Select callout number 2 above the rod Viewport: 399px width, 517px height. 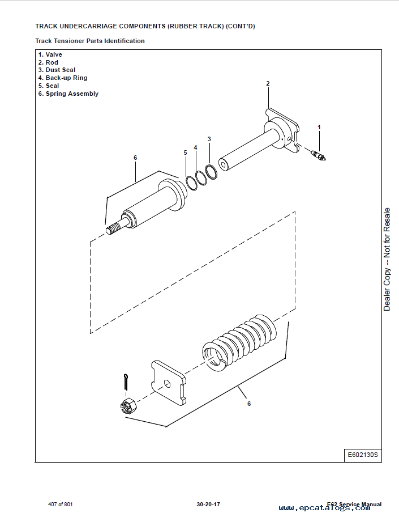268,83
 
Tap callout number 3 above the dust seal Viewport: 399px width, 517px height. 209,139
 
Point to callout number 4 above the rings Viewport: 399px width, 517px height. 195,147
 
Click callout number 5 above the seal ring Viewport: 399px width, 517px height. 185,152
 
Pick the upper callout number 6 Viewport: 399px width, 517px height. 135,158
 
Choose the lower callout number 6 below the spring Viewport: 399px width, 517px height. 248,404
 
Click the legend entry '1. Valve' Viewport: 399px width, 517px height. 50,54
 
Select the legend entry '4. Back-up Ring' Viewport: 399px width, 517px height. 63,78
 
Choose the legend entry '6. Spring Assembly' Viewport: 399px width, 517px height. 68,94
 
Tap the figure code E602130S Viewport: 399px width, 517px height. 362,455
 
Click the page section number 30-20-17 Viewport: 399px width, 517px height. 208,505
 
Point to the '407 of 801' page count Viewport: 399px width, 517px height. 61,505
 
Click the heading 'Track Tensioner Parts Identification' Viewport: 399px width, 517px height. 90,41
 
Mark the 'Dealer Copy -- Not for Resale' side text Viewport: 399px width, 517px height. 387,259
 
